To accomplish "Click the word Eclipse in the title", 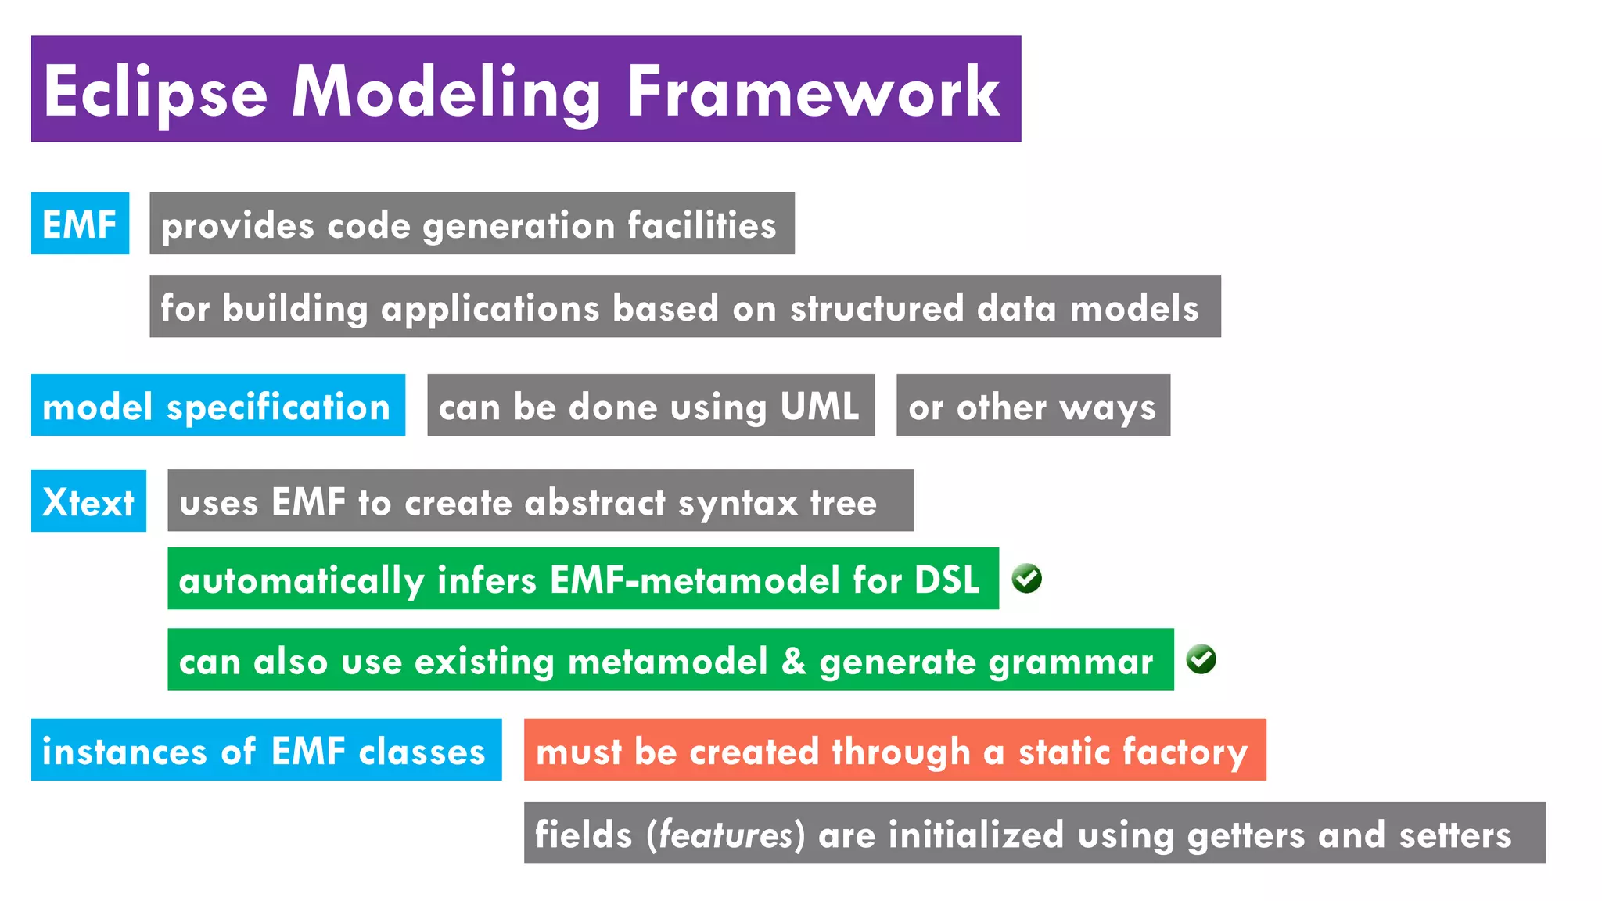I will pos(155,92).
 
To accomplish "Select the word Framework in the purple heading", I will pos(814,92).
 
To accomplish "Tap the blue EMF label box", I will pos(80,224).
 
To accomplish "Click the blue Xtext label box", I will pos(88,501).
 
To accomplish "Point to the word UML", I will pos(819,406).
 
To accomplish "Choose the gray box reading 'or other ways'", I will pos(1033,405).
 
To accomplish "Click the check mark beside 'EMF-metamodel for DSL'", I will pos(1026,579).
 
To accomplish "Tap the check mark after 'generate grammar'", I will pos(1201,659).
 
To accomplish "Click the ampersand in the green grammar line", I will pos(793,661).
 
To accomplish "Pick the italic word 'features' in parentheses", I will pos(725,834).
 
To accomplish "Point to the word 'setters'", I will pos(1455,834).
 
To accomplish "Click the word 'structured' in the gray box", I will pos(877,307).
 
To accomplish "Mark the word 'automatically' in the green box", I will pos(301,580).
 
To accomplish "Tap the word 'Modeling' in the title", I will pos(446,92).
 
